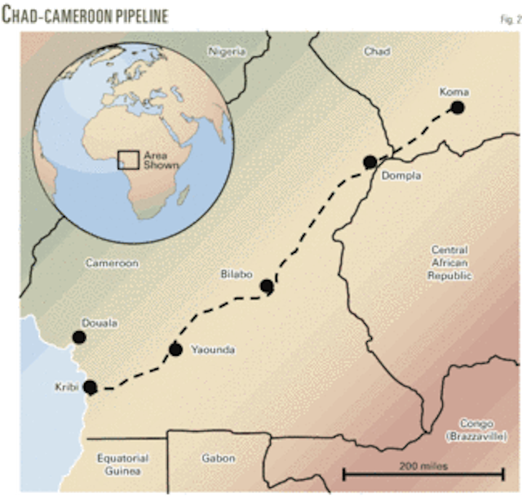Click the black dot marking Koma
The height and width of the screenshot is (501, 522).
click(458, 108)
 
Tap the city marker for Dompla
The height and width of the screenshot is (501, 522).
click(369, 162)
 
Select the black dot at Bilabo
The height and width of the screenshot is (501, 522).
click(266, 286)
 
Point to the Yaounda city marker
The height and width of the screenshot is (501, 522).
click(175, 349)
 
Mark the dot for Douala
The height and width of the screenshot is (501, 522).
click(79, 337)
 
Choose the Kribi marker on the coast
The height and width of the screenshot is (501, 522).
click(90, 388)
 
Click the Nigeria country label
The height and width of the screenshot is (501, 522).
click(227, 51)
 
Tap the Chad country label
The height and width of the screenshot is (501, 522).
click(377, 51)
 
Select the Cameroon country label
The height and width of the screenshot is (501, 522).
click(113, 264)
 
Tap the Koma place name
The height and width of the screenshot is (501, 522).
click(453, 91)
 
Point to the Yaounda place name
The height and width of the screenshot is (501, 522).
click(213, 350)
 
